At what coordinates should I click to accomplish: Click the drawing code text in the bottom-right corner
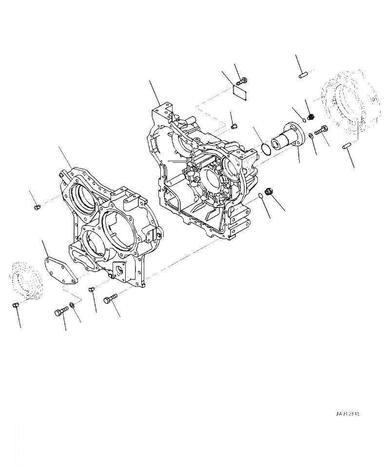coord(347,413)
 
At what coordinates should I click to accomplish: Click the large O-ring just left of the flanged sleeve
coord(266,148)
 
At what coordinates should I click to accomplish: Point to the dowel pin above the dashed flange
coord(302,75)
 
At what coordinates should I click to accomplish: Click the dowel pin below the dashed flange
coord(347,146)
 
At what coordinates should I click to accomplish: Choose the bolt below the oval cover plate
coord(61,312)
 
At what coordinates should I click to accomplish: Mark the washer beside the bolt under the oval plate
coord(72,305)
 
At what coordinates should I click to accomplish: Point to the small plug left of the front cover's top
coord(36,208)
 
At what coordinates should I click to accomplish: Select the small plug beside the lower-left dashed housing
coord(15,305)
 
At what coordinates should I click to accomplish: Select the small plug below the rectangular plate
coord(233,126)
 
